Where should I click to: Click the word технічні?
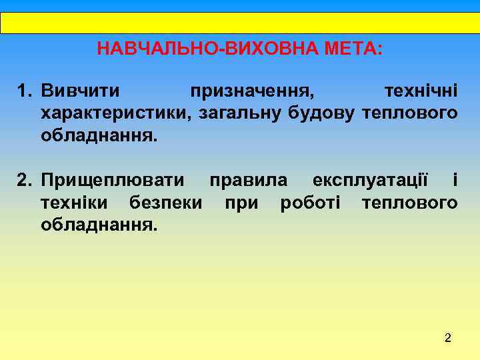point(421,89)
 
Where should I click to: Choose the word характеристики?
point(115,113)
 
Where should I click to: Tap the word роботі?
point(311,202)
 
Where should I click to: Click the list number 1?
point(25,89)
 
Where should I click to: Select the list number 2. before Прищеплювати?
point(25,179)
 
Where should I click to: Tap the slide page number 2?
point(448,339)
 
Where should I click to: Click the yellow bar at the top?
point(240,23)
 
